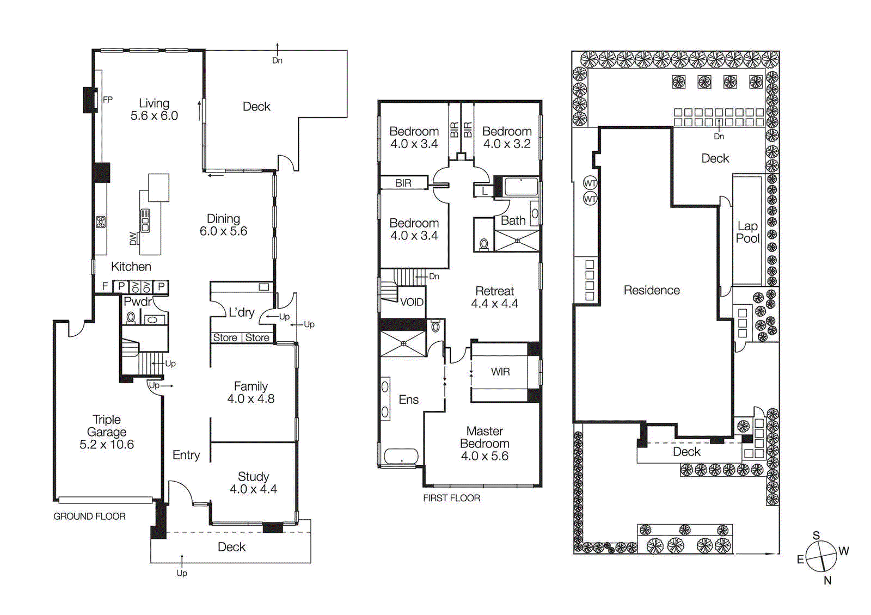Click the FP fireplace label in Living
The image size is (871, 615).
click(108, 100)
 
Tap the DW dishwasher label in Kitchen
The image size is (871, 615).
click(133, 238)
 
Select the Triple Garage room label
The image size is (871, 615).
click(107, 432)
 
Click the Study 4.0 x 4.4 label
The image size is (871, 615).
click(253, 483)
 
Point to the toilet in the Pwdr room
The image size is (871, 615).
click(131, 317)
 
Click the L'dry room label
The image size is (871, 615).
click(241, 312)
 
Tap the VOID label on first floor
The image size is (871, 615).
click(412, 302)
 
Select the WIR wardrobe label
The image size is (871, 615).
click(500, 372)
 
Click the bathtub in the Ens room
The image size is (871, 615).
click(401, 456)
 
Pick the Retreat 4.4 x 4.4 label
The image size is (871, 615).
click(494, 297)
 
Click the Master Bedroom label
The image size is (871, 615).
click(484, 443)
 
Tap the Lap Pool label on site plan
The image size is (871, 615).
click(747, 232)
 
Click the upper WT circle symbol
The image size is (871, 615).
click(590, 183)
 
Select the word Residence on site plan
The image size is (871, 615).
click(652, 291)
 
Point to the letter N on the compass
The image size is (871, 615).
click(827, 581)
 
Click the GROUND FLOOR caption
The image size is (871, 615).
click(89, 516)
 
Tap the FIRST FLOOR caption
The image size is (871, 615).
click(451, 498)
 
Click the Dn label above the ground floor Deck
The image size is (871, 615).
click(277, 60)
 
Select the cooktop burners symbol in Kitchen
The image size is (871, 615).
click(101, 222)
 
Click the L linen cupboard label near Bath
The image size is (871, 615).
click(484, 192)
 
